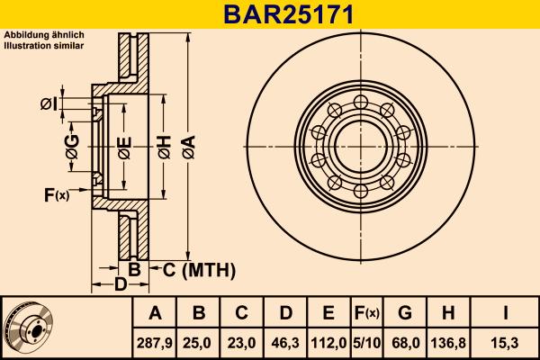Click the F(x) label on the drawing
pyautogui.click(x=56, y=195)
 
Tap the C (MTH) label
pyautogui.click(x=199, y=269)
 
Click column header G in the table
pyautogui.click(x=404, y=313)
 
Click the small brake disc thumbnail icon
pyautogui.click(x=28, y=326)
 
